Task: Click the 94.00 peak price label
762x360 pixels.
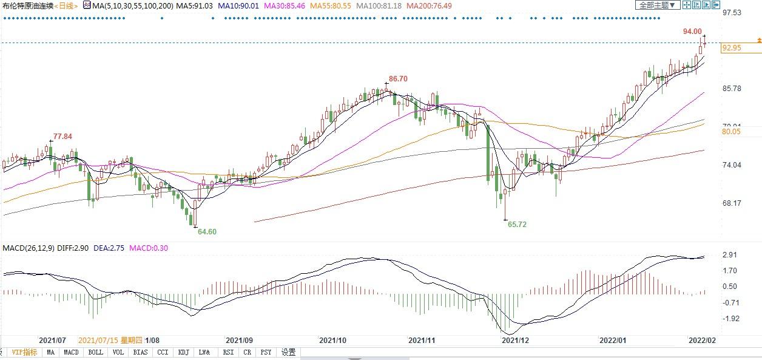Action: [692, 32]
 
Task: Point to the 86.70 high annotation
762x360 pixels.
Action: [398, 79]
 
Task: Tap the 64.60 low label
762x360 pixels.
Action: [207, 231]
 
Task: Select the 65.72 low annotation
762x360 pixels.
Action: [517, 224]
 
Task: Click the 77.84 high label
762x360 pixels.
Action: [62, 137]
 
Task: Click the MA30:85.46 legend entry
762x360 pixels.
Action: [287, 5]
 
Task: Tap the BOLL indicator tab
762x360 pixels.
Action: [95, 352]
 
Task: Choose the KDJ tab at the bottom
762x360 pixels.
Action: [183, 352]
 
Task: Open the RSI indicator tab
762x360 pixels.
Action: [228, 352]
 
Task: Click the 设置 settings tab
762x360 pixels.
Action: [289, 352]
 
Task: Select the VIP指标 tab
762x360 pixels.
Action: [24, 352]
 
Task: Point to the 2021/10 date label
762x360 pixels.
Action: [332, 341]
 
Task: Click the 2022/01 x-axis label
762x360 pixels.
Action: [612, 341]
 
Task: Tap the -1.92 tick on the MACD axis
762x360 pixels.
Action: [731, 318]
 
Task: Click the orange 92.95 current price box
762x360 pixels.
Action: [733, 48]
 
